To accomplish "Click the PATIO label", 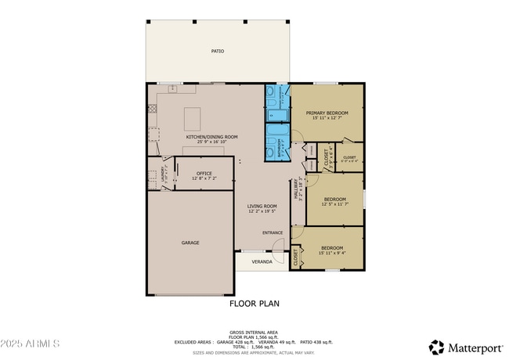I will pyautogui.click(x=217, y=52).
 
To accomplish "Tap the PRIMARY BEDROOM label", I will pyautogui.click(x=327, y=113).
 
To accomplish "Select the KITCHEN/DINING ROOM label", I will pyautogui.click(x=211, y=137).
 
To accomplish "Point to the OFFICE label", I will pyautogui.click(x=204, y=173).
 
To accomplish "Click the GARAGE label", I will pyautogui.click(x=190, y=243).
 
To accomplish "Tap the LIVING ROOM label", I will pyautogui.click(x=263, y=207).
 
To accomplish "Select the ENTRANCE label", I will pyautogui.click(x=273, y=232).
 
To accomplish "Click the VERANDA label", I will pyautogui.click(x=262, y=261).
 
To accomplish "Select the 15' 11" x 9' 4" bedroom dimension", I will pyautogui.click(x=333, y=253).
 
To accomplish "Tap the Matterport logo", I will pyautogui.click(x=464, y=346).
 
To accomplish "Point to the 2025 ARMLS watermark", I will pyautogui.click(x=31, y=345).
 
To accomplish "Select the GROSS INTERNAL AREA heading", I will pyautogui.click(x=254, y=332).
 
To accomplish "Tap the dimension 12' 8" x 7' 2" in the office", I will pyautogui.click(x=204, y=178).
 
